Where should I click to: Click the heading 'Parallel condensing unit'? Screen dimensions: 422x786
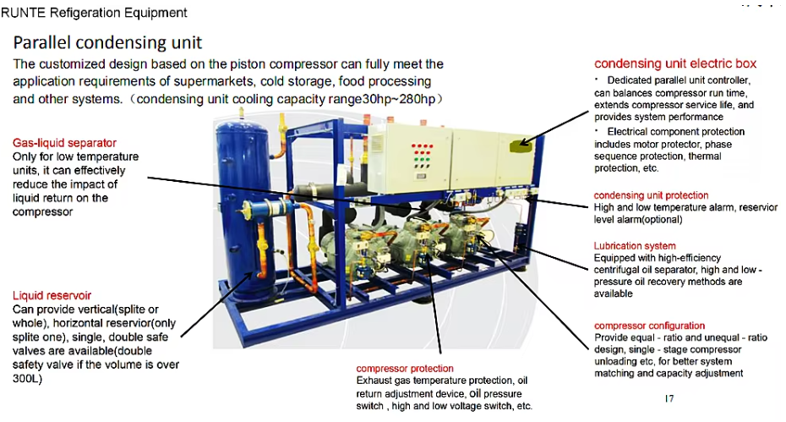(x=107, y=42)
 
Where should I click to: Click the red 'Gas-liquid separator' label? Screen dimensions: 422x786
(x=64, y=143)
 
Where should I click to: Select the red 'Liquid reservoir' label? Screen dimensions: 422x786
(x=52, y=295)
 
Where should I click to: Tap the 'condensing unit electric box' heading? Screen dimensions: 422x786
(x=675, y=63)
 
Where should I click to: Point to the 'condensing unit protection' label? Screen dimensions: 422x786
(x=651, y=195)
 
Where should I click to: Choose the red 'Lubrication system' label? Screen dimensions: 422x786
(x=634, y=245)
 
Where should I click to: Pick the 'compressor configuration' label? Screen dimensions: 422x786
(x=649, y=326)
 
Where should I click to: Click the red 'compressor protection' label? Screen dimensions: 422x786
(x=405, y=369)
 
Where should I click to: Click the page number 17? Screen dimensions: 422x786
(x=669, y=398)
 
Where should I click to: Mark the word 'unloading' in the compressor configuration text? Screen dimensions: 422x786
(x=617, y=361)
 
